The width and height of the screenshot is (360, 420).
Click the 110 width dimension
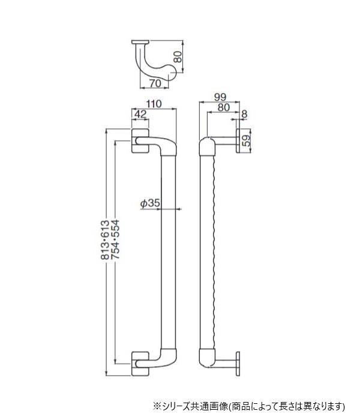(x=154, y=104)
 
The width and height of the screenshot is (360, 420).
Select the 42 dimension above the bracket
(x=140, y=114)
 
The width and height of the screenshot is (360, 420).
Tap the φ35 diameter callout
(x=150, y=203)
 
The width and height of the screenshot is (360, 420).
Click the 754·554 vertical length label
(x=115, y=240)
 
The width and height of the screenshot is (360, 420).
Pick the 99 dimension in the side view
(x=220, y=97)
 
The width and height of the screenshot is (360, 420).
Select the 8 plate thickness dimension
(x=244, y=115)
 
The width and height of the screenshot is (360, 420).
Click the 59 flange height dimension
(x=246, y=140)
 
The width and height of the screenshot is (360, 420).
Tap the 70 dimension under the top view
(x=155, y=83)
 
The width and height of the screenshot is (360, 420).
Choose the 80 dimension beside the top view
(x=178, y=57)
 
